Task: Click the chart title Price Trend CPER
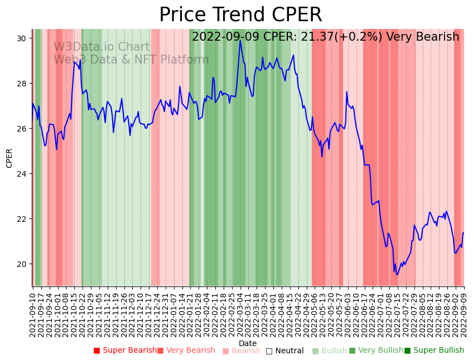point(240,15)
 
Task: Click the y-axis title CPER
point(9,158)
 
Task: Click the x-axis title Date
point(248,344)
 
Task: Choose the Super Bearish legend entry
point(125,351)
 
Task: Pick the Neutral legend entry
point(284,351)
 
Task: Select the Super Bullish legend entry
point(434,351)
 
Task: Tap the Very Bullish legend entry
point(376,351)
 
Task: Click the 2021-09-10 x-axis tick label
point(33,312)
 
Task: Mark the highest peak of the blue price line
point(240,40)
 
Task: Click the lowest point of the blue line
point(397,274)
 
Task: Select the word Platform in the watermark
point(184,60)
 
